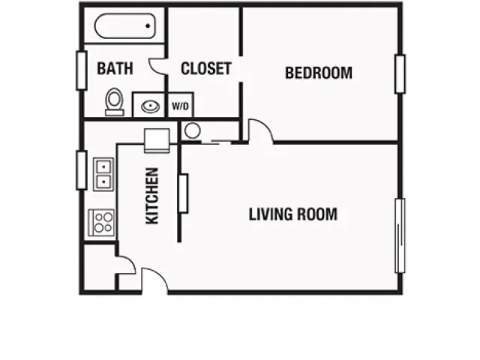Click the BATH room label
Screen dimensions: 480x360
click(x=115, y=68)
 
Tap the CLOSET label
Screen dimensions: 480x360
click(x=205, y=68)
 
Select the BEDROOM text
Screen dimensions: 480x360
click(x=319, y=73)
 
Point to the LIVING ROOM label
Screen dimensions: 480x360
click(x=293, y=214)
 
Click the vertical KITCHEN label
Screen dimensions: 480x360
click(x=152, y=196)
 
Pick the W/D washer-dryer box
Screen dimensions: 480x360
click(x=180, y=105)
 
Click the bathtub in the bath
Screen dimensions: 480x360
click(x=125, y=26)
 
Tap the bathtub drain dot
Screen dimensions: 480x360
click(x=148, y=26)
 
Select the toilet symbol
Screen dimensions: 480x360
click(x=115, y=102)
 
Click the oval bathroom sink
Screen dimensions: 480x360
click(x=150, y=106)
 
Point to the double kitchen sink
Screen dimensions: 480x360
click(x=103, y=174)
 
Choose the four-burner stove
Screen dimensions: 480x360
click(x=101, y=223)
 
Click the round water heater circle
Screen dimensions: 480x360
click(x=193, y=130)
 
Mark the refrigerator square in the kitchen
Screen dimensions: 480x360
click(x=157, y=140)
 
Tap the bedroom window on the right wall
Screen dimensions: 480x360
click(x=400, y=73)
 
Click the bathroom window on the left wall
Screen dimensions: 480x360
click(x=82, y=71)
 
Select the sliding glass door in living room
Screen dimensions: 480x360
click(x=400, y=235)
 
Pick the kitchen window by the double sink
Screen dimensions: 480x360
click(x=82, y=170)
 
